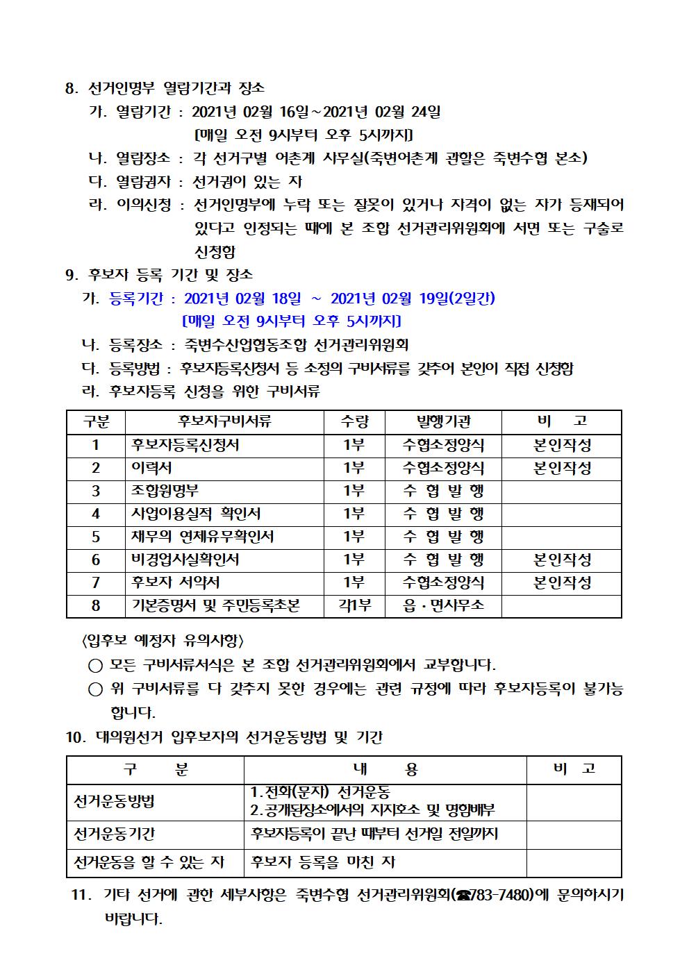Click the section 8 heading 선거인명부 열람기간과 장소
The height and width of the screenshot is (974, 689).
click(176, 88)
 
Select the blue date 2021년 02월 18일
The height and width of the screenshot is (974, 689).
click(242, 299)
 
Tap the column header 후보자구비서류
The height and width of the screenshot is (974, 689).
click(224, 421)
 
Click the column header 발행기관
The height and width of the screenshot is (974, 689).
click(443, 421)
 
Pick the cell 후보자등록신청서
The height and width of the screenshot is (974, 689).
click(185, 445)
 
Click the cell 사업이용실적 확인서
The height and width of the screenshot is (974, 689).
click(196, 514)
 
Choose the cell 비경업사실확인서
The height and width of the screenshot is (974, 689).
click(185, 560)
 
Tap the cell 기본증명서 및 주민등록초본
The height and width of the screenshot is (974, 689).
click(215, 605)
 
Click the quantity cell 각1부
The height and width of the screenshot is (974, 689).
click(354, 605)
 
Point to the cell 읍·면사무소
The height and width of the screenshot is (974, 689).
click(443, 605)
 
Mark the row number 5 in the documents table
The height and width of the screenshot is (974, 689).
click(96, 537)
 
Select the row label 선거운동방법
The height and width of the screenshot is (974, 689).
click(114, 802)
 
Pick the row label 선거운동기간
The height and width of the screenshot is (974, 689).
click(114, 834)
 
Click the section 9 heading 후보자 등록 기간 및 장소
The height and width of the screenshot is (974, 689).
click(170, 275)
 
